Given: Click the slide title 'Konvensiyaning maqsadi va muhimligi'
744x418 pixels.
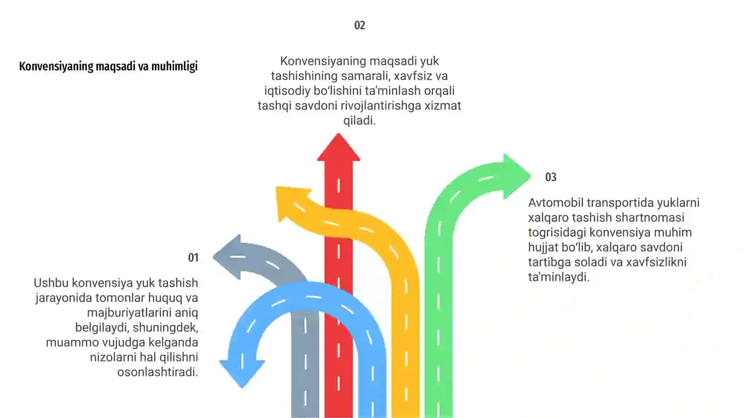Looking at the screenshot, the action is point(108,66).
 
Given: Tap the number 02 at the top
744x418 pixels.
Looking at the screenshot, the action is point(360,26).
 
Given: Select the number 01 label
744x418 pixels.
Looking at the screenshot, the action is point(193,258).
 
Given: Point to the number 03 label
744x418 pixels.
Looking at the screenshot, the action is point(551,177).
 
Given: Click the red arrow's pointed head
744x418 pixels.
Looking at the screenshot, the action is point(339,148).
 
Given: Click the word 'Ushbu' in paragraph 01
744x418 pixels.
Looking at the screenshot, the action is point(51,283).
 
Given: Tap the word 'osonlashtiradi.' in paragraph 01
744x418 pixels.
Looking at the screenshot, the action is point(158,372).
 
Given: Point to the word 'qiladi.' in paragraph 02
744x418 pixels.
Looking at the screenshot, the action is point(359,121).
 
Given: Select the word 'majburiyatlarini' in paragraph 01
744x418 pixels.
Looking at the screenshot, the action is point(142,313).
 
